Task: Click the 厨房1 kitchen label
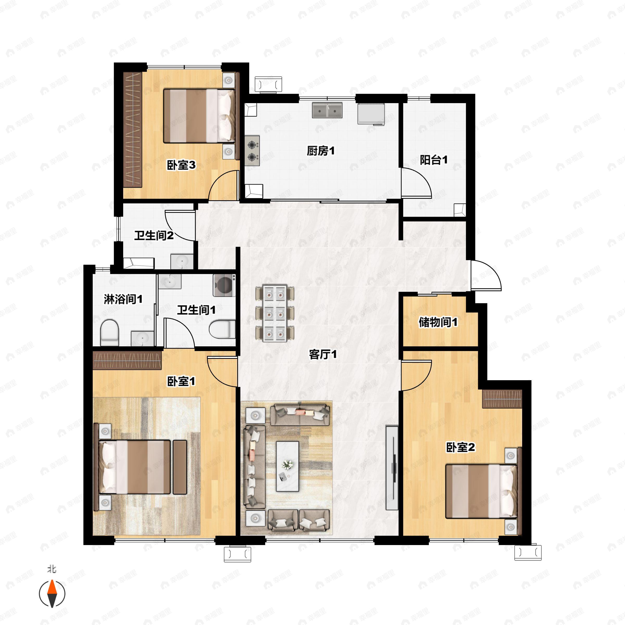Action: coord(321,151)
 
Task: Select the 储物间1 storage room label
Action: coord(438,322)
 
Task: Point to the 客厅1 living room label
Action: coord(323,354)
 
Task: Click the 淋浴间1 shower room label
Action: coord(123,299)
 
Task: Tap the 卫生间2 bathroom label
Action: coord(154,235)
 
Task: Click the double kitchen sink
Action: coord(327,110)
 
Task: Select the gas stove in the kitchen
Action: coord(252,151)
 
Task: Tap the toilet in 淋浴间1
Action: coord(109,333)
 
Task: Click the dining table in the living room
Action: coord(275,313)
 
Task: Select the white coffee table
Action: coord(287,466)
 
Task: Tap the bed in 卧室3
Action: coord(199,116)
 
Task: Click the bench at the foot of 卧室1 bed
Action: coord(180,467)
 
